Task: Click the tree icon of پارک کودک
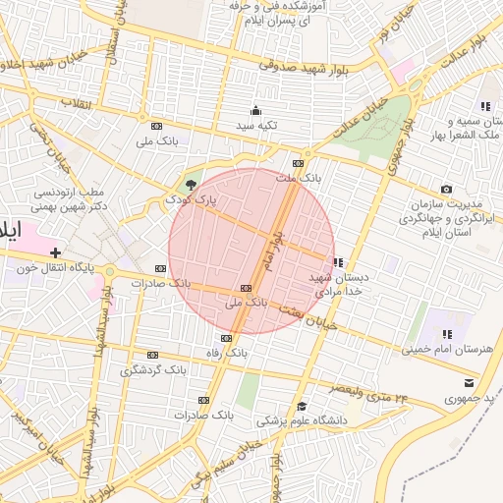point(191,184)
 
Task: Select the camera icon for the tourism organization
point(447,189)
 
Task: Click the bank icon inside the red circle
point(245,288)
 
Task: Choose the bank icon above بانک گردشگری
point(152,355)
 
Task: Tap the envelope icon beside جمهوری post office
point(469,383)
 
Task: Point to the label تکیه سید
point(255,127)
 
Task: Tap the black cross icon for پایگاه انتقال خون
point(55,252)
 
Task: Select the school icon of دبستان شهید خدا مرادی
point(338,262)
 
